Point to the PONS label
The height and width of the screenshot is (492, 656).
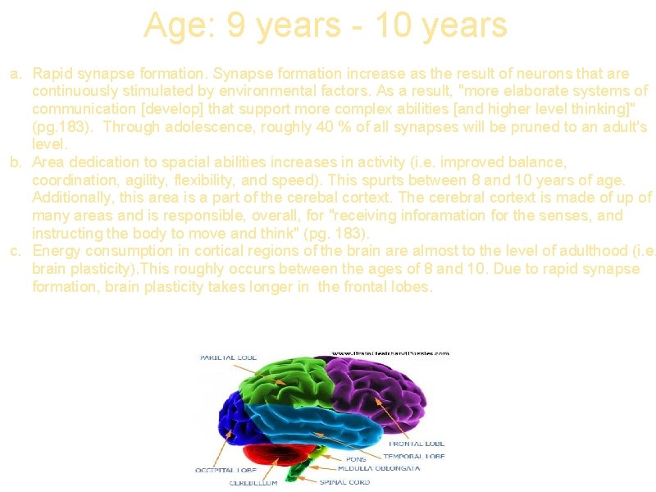[356, 459]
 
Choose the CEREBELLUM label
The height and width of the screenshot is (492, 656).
[253, 483]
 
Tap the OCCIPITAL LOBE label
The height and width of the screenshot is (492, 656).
[225, 471]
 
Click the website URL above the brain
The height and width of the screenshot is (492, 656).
[389, 353]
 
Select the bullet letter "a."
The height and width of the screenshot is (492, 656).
[16, 74]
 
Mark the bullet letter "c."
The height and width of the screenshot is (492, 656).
[16, 251]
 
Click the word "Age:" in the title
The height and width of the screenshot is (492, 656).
[175, 25]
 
